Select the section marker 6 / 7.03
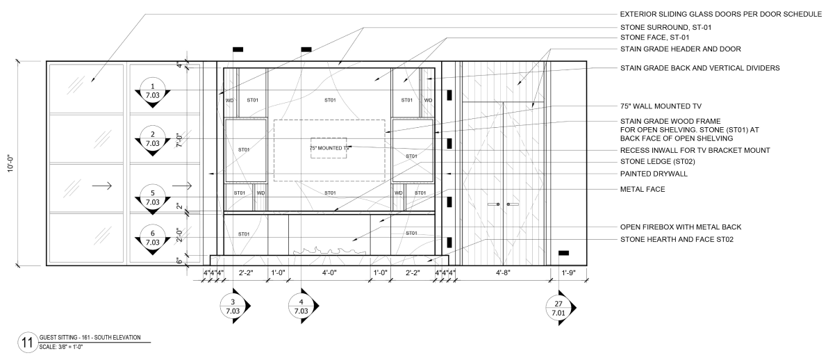(153, 238)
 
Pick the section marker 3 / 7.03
(233, 306)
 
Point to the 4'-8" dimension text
(503, 272)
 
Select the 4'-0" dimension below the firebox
(329, 272)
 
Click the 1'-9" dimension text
(567, 272)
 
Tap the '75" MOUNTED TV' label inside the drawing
(329, 148)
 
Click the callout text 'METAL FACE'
(643, 189)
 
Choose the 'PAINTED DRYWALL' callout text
(654, 173)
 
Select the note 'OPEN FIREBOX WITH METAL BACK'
(681, 227)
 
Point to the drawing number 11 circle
(26, 343)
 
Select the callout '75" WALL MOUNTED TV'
(661, 106)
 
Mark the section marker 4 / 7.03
(301, 306)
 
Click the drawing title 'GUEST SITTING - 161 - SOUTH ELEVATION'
(90, 337)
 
